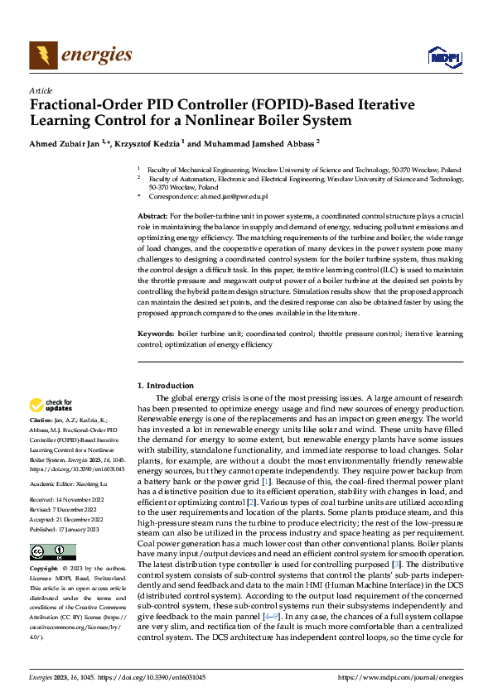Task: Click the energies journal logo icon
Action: click(x=41, y=55)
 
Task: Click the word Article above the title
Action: click(x=40, y=90)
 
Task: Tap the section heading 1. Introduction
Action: click(x=166, y=386)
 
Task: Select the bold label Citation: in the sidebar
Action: click(x=42, y=422)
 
